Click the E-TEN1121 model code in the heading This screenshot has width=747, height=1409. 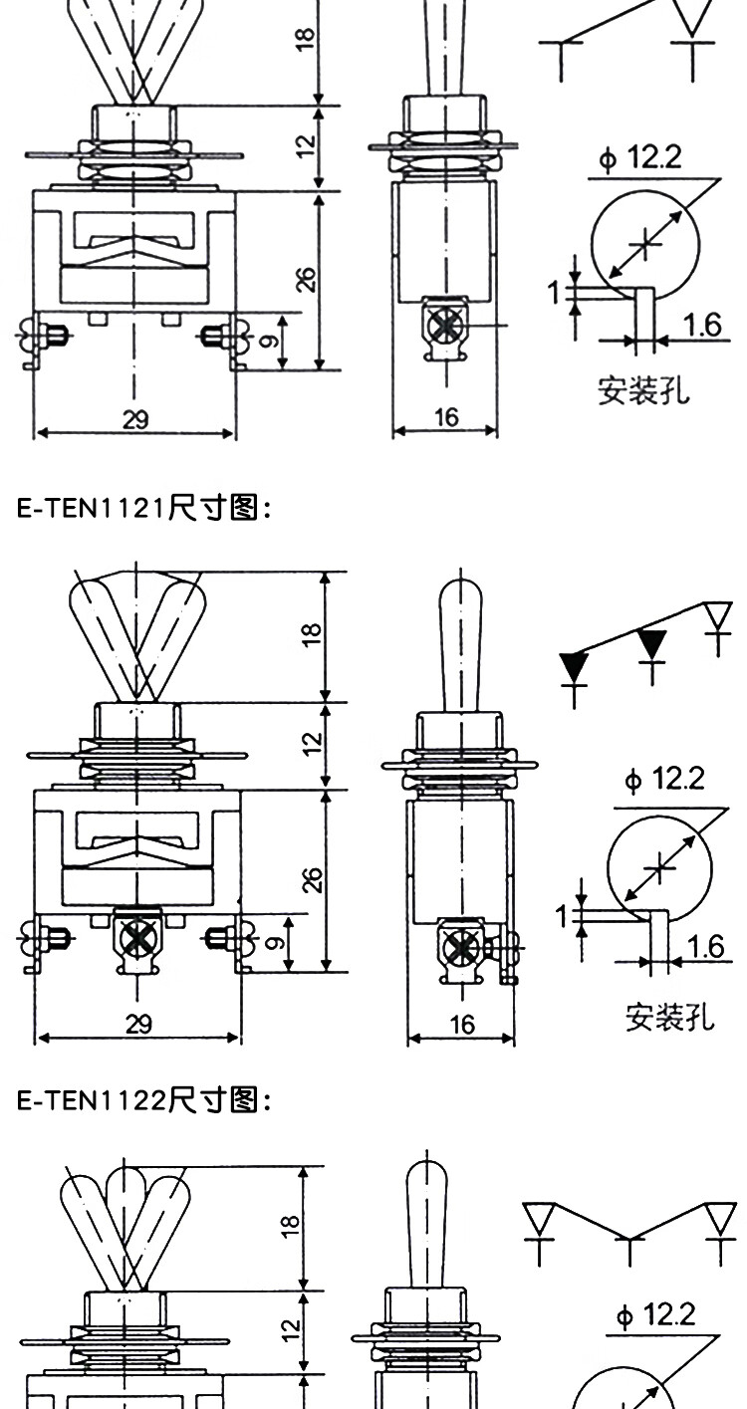coord(91,508)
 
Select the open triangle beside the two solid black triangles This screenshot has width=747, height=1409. coord(718,615)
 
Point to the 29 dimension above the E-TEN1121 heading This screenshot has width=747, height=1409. coord(135,419)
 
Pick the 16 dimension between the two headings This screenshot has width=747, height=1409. coord(462,1025)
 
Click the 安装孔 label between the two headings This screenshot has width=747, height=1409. coord(669,1017)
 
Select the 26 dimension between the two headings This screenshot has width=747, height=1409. coord(312,879)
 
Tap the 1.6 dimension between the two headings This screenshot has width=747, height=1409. coord(705,947)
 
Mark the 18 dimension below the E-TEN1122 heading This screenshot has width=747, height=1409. coord(290,1227)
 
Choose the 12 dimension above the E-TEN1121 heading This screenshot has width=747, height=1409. coord(305,146)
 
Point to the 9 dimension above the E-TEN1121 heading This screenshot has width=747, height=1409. coord(269,341)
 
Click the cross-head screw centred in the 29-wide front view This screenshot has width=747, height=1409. coord(137,938)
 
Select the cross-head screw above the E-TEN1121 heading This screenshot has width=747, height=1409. coord(445,326)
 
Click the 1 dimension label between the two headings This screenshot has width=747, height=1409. coord(563,916)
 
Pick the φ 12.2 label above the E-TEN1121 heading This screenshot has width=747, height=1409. coord(641,156)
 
